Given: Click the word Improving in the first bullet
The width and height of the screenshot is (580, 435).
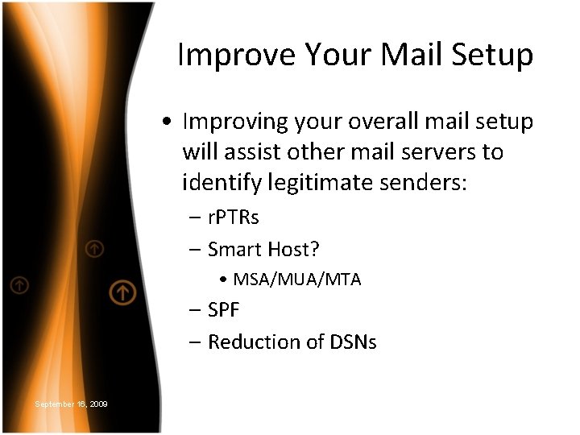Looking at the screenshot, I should coord(234,122).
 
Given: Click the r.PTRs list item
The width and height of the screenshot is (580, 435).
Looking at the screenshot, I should coord(233,218).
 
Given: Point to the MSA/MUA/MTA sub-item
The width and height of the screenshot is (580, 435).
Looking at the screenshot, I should coord(296,280).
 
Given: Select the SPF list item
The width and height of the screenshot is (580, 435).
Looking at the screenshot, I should coord(224,310).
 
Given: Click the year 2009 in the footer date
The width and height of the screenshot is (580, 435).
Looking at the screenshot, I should coord(98,404).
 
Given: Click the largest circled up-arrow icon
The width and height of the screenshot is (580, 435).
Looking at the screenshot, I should coord(122,292).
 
